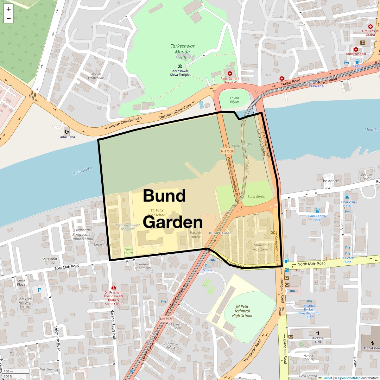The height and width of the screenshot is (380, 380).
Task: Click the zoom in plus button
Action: (x=9, y=9)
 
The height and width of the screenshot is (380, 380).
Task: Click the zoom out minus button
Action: (x=9, y=19)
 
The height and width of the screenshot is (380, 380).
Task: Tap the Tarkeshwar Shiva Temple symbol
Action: (x=180, y=66)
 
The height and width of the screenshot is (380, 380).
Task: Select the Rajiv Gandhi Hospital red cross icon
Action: (x=230, y=73)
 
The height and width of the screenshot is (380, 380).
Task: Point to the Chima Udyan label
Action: (x=234, y=100)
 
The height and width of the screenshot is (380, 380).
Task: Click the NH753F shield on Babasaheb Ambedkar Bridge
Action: (x=227, y=151)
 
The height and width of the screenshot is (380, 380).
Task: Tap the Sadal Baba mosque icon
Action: (x=67, y=132)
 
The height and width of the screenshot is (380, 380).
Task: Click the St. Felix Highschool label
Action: (x=157, y=212)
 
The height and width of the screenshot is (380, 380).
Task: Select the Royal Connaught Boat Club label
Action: (x=128, y=227)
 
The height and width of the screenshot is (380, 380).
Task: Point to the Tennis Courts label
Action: (x=129, y=251)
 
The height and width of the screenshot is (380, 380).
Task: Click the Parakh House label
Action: (x=195, y=235)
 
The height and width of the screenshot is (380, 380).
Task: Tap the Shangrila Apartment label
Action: (x=262, y=247)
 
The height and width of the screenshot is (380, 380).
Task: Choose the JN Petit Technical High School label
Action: (x=242, y=311)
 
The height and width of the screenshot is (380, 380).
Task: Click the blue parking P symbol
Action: (x=40, y=290)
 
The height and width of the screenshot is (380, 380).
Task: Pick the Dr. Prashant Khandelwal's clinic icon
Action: (x=113, y=288)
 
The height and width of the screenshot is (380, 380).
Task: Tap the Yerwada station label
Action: (x=316, y=86)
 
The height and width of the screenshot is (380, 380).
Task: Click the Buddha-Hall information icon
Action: (x=318, y=333)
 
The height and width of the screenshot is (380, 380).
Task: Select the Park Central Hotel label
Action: (x=317, y=218)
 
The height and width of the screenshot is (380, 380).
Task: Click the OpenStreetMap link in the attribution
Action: (x=349, y=378)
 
